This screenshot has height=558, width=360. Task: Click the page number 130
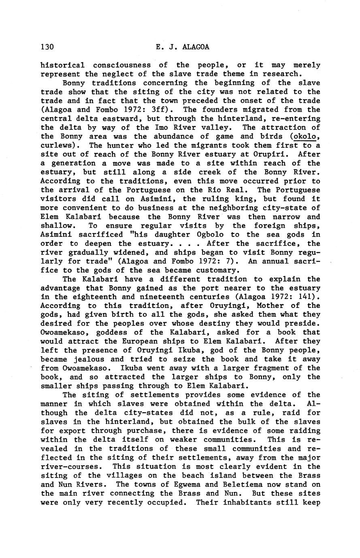point(47,47)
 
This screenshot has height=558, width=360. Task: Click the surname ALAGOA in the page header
point(196,47)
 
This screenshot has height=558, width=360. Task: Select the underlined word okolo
point(306,136)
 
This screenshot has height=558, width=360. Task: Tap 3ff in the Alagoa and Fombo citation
point(161,110)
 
